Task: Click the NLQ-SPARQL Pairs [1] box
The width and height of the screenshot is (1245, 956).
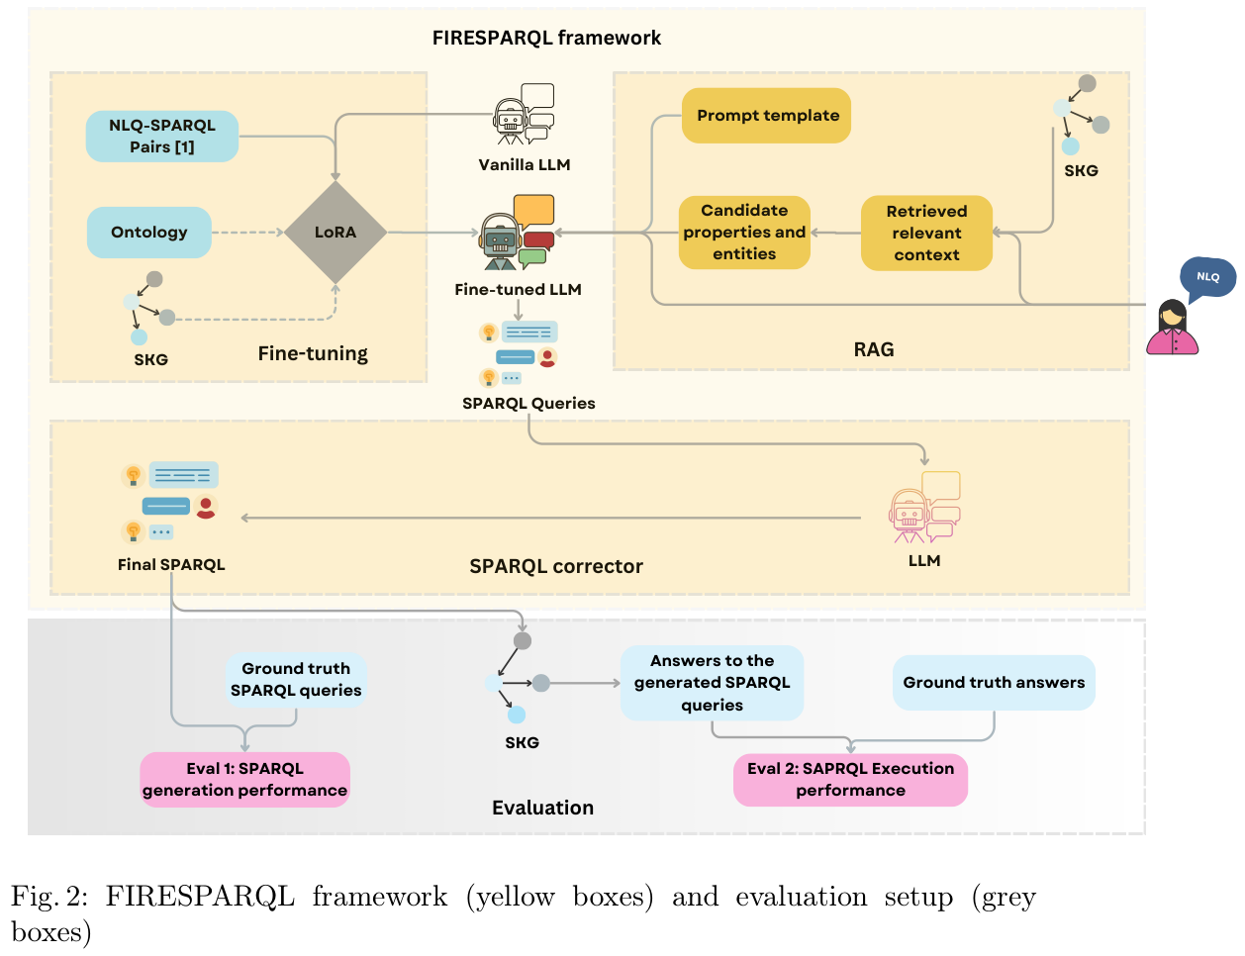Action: (162, 137)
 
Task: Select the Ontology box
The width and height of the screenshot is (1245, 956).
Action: (149, 233)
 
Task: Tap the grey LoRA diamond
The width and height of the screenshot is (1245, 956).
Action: (335, 233)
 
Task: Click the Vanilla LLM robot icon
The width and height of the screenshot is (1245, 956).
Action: (523, 116)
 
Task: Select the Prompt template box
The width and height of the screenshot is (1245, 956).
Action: (767, 116)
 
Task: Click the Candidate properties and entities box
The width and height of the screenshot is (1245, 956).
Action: (744, 233)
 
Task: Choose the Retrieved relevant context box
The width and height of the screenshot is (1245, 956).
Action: (926, 234)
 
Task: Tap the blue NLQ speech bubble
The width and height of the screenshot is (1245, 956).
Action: (1208, 277)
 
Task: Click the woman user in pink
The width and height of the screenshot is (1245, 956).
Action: (1173, 329)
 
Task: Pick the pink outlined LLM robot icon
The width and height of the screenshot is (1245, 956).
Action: (924, 508)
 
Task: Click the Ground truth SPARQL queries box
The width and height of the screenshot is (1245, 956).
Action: (296, 680)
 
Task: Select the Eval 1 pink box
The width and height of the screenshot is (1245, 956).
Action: (244, 780)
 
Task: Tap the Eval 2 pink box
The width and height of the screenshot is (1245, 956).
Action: (850, 780)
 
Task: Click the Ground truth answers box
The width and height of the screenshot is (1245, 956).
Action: (994, 683)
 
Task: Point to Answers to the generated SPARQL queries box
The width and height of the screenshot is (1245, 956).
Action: (712, 683)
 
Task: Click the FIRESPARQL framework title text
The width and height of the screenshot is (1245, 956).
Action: (546, 38)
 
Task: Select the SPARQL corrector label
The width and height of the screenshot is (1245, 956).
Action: (555, 566)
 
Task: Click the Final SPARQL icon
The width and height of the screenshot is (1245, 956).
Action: (170, 503)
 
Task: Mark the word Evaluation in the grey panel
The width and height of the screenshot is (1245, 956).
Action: (542, 808)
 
